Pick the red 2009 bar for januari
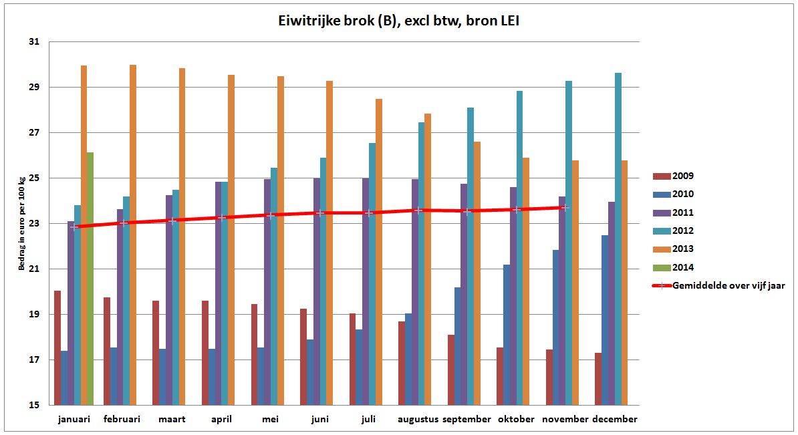(57, 347)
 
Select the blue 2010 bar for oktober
(507, 335)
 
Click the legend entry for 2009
(674, 176)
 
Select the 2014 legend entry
(674, 267)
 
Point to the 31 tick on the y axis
(34, 42)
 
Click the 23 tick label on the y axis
(34, 224)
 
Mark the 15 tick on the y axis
(34, 405)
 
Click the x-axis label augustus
(418, 420)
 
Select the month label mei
(271, 420)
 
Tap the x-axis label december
(615, 420)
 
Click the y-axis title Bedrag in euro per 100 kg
(22, 224)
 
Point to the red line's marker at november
(565, 207)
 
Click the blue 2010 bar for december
(605, 320)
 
